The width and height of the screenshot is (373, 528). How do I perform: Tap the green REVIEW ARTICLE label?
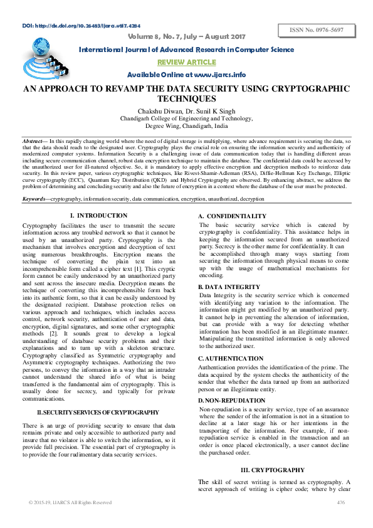187,62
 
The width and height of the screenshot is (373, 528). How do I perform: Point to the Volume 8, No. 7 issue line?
186,36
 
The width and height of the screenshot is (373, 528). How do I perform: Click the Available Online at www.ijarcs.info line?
186,75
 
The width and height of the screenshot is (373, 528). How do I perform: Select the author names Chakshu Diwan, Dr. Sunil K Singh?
186,110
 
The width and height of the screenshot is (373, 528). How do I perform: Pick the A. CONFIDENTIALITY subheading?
233,216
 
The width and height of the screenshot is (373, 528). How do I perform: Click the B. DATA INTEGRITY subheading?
229,286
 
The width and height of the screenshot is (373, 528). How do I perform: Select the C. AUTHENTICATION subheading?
231,359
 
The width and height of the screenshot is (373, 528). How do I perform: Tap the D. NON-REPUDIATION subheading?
231,399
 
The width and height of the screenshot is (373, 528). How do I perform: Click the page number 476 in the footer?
341,502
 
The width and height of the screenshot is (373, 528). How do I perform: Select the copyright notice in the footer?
70,502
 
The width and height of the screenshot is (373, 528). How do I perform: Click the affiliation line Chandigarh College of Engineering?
186,118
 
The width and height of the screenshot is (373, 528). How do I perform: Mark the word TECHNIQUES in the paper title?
186,99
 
